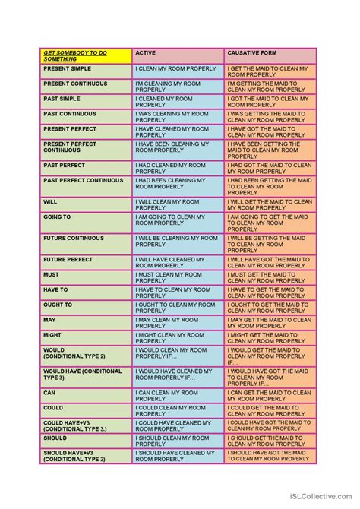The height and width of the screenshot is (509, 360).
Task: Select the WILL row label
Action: click(x=50, y=201)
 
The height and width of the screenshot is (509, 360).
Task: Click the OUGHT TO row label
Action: click(x=58, y=304)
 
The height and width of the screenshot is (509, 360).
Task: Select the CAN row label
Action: click(x=49, y=392)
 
